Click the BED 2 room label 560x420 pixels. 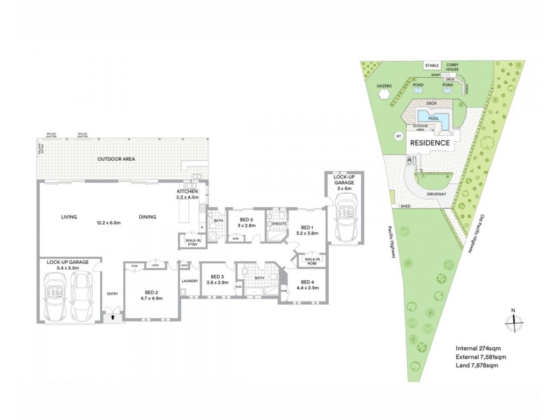point(151,292)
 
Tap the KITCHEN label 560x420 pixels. point(188,192)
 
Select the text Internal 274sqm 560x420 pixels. point(482,348)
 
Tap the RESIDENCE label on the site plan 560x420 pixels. point(430,142)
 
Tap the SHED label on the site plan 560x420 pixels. point(405,207)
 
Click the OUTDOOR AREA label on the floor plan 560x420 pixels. point(116,160)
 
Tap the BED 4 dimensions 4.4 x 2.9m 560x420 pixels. point(308,287)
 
